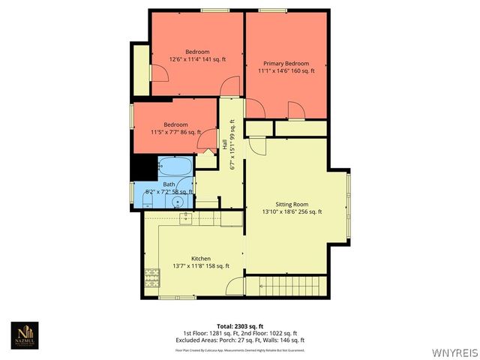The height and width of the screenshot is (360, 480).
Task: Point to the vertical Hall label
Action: click(x=224, y=143)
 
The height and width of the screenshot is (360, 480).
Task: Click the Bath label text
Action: click(x=169, y=184)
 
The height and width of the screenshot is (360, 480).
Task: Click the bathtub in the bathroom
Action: click(x=175, y=166)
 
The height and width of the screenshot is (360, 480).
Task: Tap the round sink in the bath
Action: click(x=178, y=201)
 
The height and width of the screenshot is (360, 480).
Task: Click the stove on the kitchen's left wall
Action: click(x=151, y=277)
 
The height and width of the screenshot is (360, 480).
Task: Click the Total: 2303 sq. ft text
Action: click(x=240, y=326)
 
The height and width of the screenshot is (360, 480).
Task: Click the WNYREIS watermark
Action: click(x=454, y=352)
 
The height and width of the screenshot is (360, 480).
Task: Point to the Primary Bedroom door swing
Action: click(x=296, y=110)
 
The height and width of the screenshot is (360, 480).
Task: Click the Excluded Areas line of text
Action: click(x=240, y=340)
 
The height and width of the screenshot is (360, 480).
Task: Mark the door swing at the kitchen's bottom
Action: click(x=235, y=286)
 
